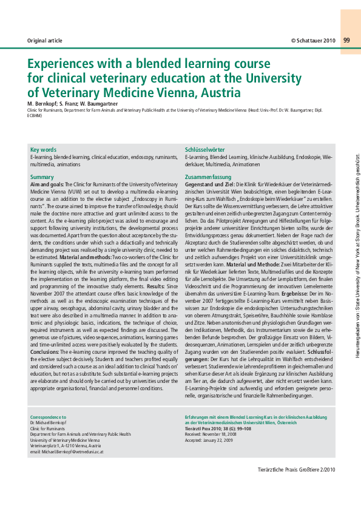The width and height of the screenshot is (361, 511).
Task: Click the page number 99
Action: (x=346, y=40)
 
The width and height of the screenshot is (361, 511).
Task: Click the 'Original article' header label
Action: (x=45, y=41)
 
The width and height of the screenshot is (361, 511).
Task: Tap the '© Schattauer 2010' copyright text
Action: (x=312, y=41)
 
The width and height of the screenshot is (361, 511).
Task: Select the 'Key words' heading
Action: (x=43, y=149)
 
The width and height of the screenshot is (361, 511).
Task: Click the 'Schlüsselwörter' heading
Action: (x=204, y=149)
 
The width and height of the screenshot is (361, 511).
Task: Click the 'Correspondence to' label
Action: (x=49, y=418)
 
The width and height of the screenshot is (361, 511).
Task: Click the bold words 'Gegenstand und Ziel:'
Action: (x=209, y=183)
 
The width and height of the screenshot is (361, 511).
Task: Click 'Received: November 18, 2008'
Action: (x=212, y=435)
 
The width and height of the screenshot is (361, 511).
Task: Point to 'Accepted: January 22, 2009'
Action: (x=210, y=440)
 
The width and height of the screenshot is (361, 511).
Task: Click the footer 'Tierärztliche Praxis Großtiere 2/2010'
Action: (x=295, y=469)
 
